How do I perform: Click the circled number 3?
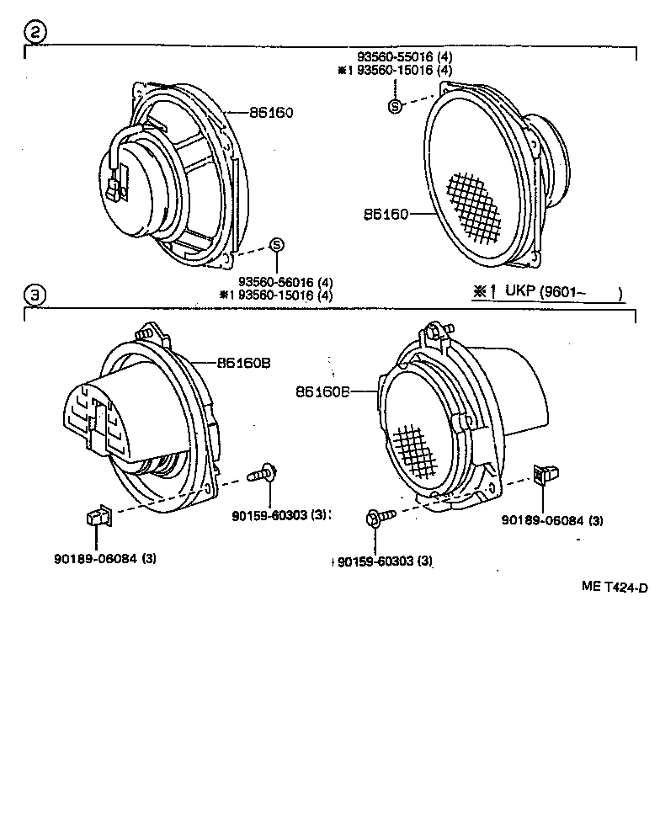pos(33,295)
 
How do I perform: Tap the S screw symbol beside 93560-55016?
pos(394,105)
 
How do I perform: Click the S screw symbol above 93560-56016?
pos(276,245)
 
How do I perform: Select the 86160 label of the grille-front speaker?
pos(386,215)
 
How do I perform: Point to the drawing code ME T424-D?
pos(614,587)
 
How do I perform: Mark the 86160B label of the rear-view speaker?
pos(242,363)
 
